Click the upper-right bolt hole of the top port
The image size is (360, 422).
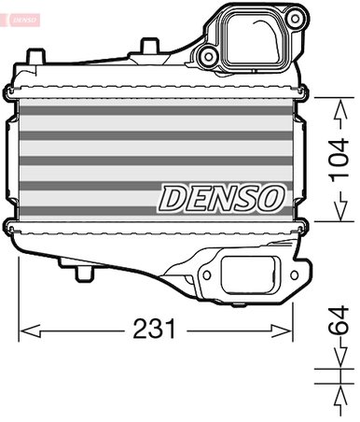[295, 16]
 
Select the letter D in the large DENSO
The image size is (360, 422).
[174, 197]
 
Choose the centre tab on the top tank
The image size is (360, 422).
[148, 45]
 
